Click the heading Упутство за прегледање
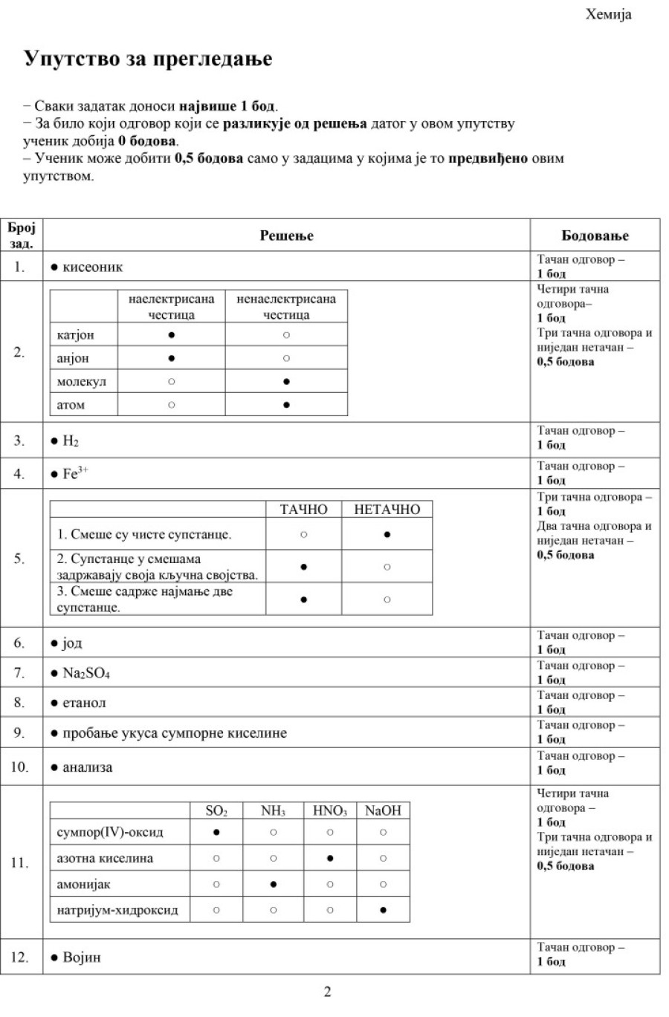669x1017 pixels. click(x=148, y=59)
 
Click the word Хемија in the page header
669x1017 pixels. click(x=608, y=14)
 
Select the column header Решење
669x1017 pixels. click(x=286, y=235)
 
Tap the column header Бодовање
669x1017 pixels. click(x=595, y=235)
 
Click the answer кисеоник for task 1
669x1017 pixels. click(x=92, y=267)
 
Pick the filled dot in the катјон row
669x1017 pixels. click(x=172, y=335)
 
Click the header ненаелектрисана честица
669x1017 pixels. click(x=286, y=307)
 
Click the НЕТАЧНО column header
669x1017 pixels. click(x=387, y=510)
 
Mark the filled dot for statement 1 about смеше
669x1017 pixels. click(x=387, y=534)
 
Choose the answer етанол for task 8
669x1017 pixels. click(x=84, y=703)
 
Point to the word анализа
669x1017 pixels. click(x=87, y=767)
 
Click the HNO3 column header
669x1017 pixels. click(x=330, y=810)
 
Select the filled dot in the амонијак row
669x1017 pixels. click(x=274, y=884)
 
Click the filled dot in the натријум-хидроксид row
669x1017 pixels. click(x=383, y=910)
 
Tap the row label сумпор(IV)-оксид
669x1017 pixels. click(x=110, y=832)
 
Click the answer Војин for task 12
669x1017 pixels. click(x=81, y=958)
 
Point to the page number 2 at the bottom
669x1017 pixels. click(x=327, y=992)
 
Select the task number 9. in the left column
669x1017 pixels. click(x=19, y=733)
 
